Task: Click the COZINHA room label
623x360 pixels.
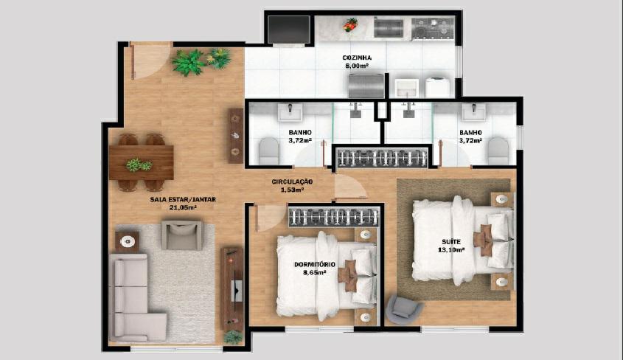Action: pos(357,58)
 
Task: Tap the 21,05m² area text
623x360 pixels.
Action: pos(183,207)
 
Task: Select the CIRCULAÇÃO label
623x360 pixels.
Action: pos(292,181)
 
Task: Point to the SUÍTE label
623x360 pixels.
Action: pos(451,241)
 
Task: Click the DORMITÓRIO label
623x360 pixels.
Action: pos(315,265)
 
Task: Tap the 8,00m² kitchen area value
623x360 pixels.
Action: pos(357,66)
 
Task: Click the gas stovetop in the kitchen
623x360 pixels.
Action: pos(433,28)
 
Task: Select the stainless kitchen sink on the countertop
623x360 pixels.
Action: pos(389,28)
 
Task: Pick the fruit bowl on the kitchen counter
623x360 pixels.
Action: pos(350,24)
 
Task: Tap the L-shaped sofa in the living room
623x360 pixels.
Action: pos(135,297)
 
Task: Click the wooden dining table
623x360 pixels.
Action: pos(142,162)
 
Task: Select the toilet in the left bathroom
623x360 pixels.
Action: pos(269,150)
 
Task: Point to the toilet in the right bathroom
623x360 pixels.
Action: pos(498,150)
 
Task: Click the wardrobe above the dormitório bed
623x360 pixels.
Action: pos(334,218)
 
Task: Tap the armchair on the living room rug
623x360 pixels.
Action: pos(181,235)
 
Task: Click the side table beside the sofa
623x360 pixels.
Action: pos(127,241)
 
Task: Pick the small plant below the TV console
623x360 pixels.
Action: pos(233,337)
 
